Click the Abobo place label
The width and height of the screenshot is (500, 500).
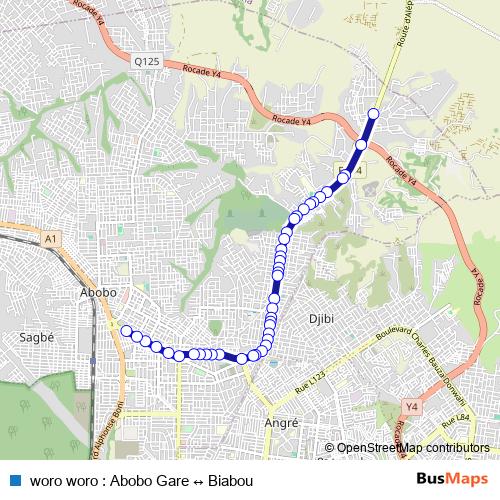point(98,292)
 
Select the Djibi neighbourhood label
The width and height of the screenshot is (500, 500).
point(320,319)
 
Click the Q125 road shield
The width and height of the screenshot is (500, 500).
point(147,62)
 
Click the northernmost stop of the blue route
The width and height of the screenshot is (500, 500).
point(374,113)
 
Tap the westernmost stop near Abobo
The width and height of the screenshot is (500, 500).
point(126,331)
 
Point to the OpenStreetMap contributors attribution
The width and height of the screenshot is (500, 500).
point(413,448)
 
